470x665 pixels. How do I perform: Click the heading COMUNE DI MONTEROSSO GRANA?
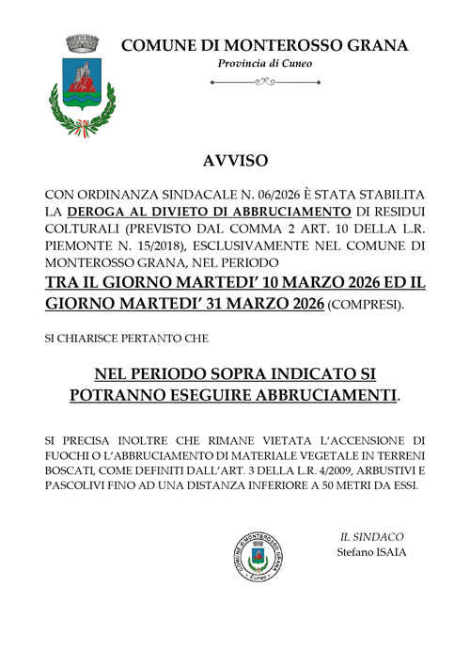click(265, 44)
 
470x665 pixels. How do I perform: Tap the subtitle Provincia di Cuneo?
click(265, 63)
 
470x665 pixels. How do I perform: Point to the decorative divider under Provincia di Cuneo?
click(265, 82)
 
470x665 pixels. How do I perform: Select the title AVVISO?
click(234, 161)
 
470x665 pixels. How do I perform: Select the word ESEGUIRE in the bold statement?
click(228, 396)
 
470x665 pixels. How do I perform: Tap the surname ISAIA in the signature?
click(388, 552)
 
